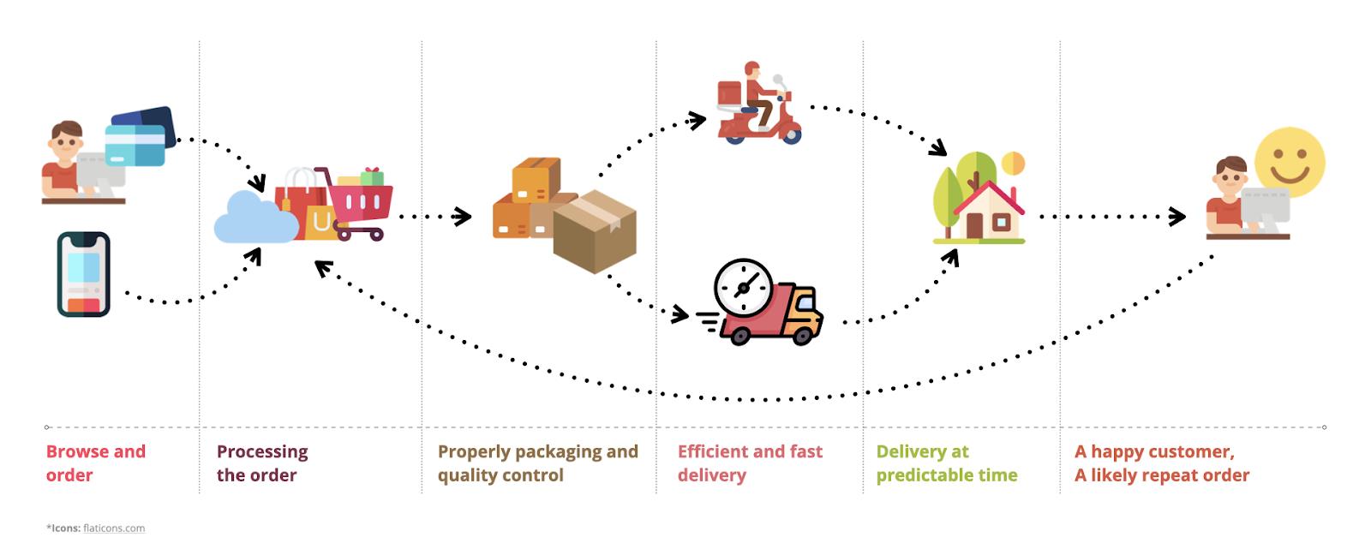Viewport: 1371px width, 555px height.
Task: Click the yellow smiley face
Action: [x=1290, y=163]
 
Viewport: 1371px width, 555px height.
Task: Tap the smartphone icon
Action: [x=83, y=274]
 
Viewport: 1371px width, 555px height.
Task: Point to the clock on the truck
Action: [x=742, y=287]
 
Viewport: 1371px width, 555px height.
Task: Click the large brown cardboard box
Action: [x=595, y=231]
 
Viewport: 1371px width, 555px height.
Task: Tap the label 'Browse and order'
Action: [x=95, y=462]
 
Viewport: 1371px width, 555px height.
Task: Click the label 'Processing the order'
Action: [x=261, y=462]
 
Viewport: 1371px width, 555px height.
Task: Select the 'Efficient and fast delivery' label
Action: [x=749, y=462]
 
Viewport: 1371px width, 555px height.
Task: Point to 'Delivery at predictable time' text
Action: [x=946, y=462]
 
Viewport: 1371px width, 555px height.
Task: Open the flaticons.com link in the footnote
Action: [x=114, y=528]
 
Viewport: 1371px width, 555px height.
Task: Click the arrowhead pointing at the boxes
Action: [x=463, y=217]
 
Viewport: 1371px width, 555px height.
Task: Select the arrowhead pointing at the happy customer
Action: [x=1178, y=217]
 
